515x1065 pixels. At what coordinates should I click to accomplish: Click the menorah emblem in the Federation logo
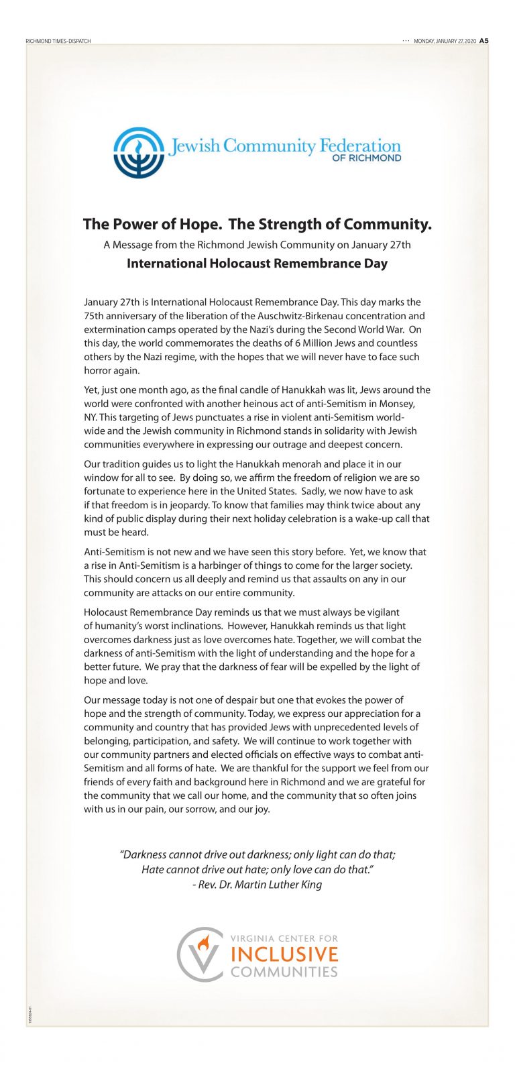139,152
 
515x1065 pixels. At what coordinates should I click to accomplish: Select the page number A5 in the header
484,41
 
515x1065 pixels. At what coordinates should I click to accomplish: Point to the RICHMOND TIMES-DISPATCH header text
58,42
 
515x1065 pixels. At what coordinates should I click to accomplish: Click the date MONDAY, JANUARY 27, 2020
445,41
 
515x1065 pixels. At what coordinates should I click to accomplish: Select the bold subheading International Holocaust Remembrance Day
257,264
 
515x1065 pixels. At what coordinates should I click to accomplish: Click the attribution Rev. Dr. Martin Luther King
257,885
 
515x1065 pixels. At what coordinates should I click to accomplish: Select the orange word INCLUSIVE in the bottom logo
284,954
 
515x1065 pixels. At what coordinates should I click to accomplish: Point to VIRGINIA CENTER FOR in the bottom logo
284,938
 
